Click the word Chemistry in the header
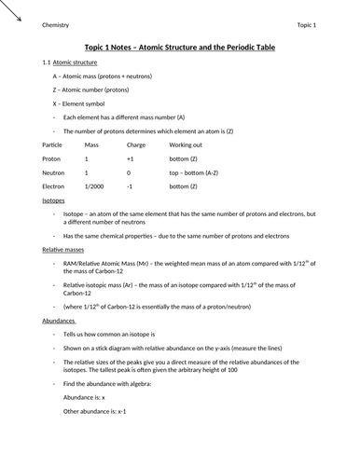(x=57, y=24)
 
